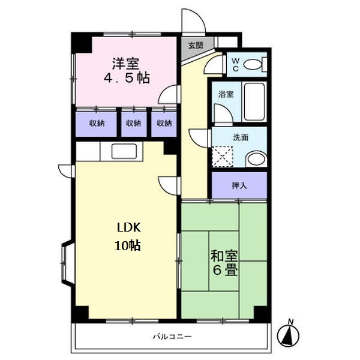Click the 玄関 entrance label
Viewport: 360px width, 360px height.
point(195,46)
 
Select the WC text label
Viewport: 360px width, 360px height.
point(235,63)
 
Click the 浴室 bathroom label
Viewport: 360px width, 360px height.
point(226,94)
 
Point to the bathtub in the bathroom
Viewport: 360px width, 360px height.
point(254,101)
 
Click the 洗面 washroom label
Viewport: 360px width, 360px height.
point(241,137)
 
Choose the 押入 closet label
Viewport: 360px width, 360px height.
point(239,186)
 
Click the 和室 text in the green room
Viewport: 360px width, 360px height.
point(223,255)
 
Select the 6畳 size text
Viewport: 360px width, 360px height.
point(223,270)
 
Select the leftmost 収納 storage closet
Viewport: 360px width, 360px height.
point(97,123)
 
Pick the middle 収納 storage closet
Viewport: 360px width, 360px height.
point(133,123)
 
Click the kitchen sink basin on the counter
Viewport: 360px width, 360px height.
point(125,152)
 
